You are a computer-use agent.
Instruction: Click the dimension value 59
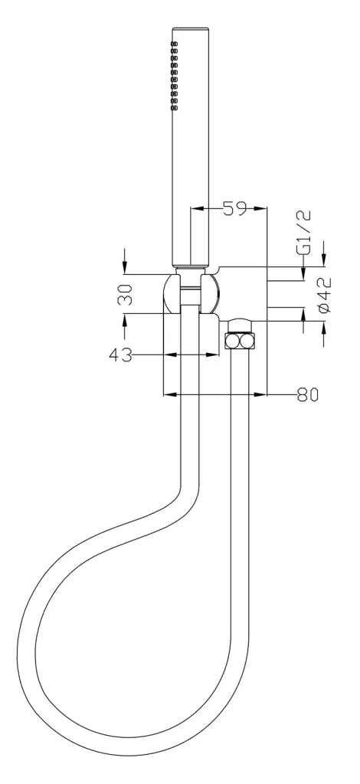tap(234, 208)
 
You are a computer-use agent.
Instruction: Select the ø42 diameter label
tap(324, 295)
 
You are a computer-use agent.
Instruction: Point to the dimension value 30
tap(126, 294)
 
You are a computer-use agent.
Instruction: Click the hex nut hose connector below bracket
tap(241, 340)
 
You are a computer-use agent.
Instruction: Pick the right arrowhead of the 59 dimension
tap(261, 208)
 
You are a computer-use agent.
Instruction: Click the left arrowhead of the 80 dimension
tap(169, 395)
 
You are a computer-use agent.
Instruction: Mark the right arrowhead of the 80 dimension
tap(261, 395)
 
